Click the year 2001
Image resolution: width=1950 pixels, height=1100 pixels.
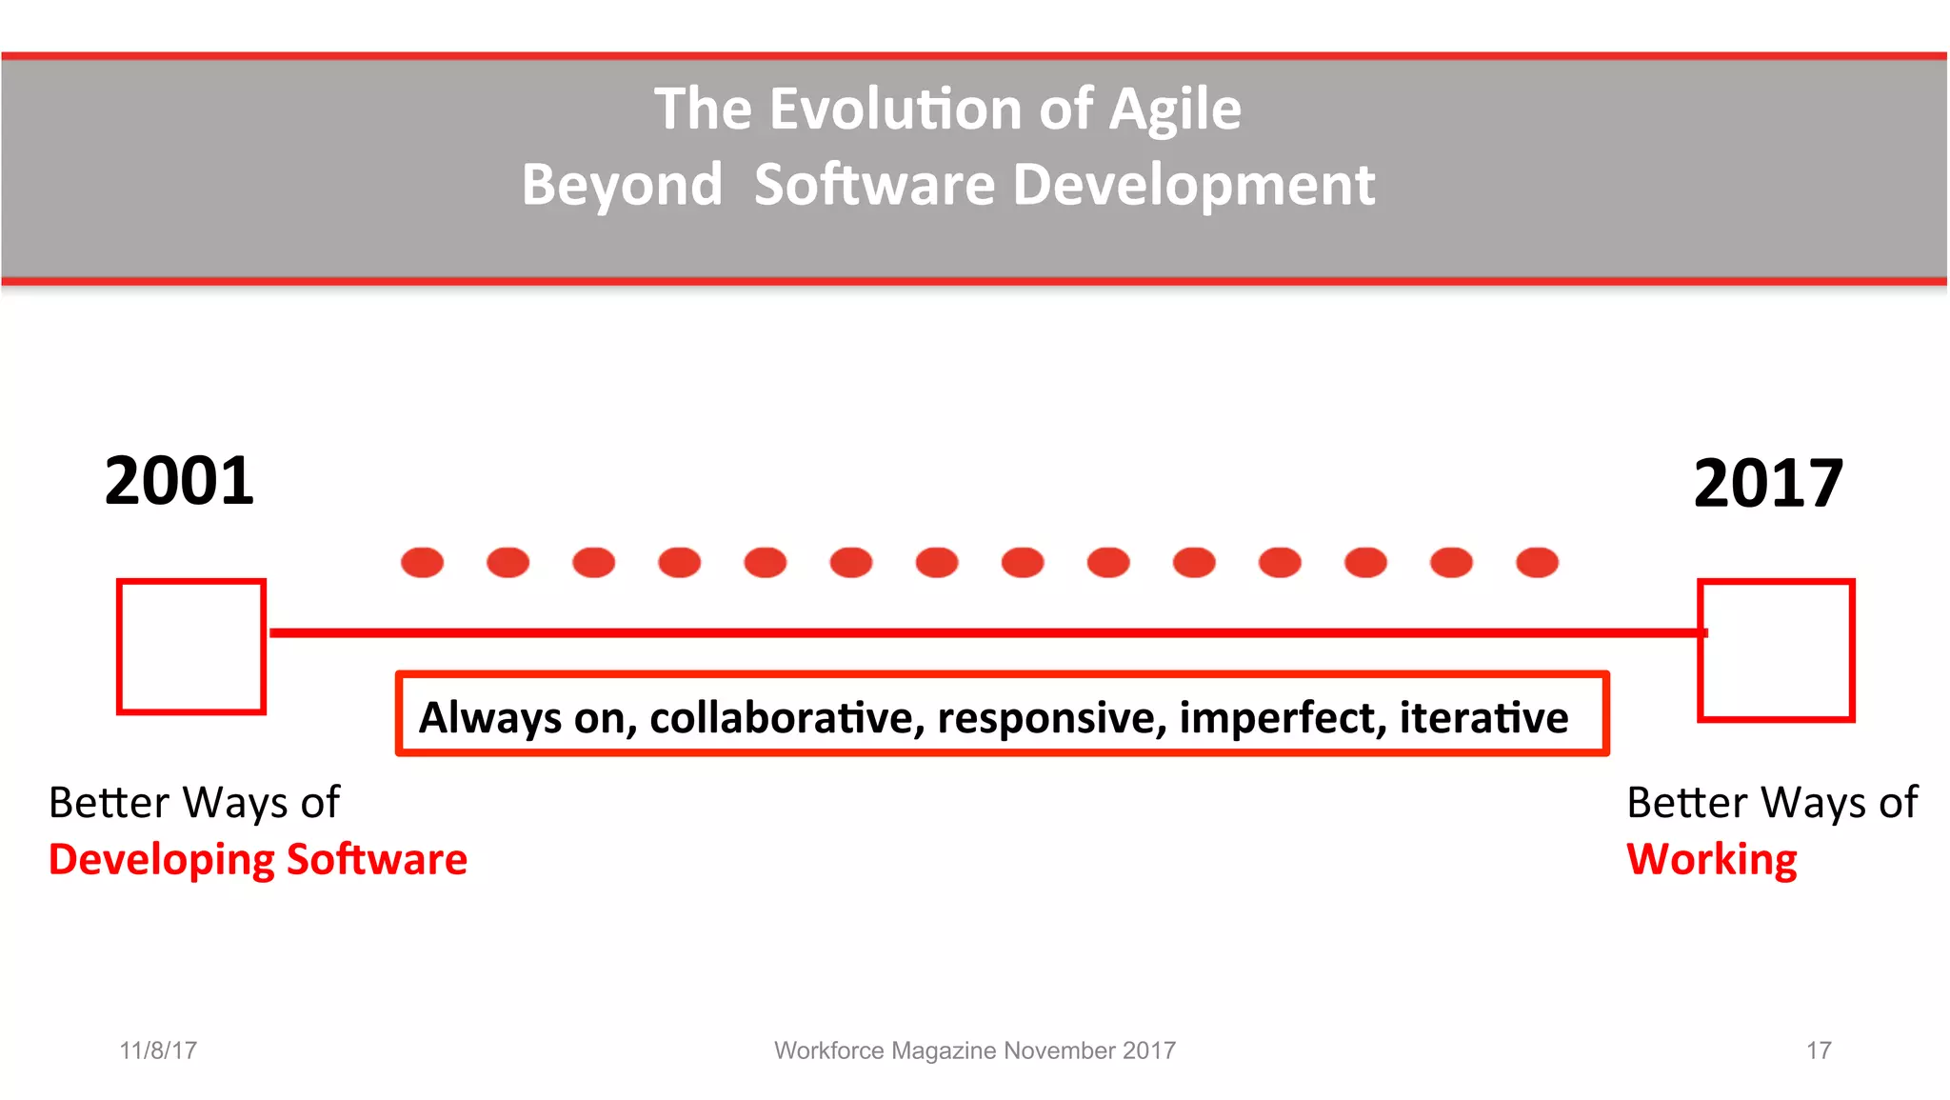coord(179,481)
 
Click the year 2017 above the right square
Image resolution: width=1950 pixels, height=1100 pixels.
coord(1768,484)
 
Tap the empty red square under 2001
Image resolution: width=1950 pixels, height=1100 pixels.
coord(191,647)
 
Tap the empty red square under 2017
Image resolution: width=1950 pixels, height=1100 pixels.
coord(1777,650)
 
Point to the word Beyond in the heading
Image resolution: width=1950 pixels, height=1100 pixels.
coord(622,185)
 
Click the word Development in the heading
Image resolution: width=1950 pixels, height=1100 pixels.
coord(1193,185)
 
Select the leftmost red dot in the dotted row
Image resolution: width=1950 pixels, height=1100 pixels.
coord(422,563)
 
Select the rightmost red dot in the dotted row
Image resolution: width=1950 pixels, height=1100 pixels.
coord(1537,563)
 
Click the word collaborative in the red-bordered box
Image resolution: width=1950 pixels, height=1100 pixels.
coord(786,718)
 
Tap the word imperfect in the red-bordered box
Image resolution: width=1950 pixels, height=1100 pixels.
coord(1283,718)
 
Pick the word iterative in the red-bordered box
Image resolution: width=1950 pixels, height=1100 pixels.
coord(1483,718)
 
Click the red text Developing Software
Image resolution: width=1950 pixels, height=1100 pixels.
coord(258,860)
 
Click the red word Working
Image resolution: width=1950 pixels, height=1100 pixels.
coord(1711,860)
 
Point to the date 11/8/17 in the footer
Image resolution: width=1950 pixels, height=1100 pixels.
coord(158,1050)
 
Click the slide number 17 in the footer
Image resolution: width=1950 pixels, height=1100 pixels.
coord(1819,1050)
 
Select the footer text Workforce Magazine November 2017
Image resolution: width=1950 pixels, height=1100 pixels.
coord(974,1050)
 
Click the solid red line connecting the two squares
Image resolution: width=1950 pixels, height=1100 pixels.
coord(981,632)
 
